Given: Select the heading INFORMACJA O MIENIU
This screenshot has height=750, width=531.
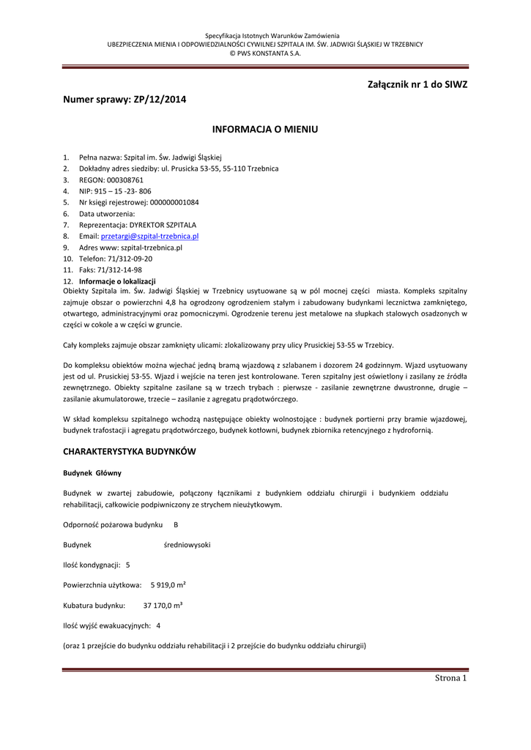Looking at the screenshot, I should (265, 130).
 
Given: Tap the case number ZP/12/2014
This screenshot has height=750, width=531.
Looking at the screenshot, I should (160, 100).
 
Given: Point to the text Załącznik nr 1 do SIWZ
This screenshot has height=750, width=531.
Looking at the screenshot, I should (417, 84).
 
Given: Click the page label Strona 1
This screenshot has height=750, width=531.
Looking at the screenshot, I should (450, 677).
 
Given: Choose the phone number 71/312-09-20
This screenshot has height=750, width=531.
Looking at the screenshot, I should (130, 259).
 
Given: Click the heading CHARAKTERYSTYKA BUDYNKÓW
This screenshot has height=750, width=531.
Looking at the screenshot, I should (130, 451).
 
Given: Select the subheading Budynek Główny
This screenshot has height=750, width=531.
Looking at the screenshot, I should (92, 473).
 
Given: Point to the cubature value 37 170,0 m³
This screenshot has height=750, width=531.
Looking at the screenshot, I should (163, 606).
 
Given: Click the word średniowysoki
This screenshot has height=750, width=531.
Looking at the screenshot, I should (187, 545).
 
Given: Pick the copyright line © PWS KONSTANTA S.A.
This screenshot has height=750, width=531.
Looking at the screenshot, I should (265, 53).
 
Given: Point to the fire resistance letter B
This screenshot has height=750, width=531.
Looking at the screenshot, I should (176, 525).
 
